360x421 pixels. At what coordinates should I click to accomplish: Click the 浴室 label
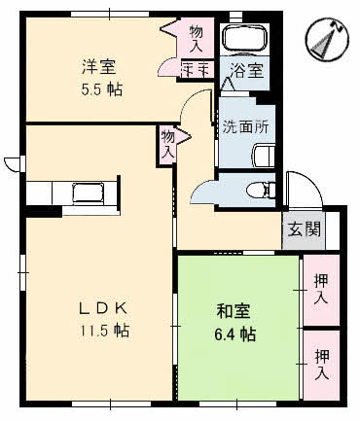pos(245,70)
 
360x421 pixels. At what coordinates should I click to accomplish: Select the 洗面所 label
pos(245,125)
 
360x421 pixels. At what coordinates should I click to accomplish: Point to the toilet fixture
pos(257,189)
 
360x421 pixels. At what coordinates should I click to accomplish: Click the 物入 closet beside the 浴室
pos(196,39)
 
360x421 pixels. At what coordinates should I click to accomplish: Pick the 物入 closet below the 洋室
pos(167,146)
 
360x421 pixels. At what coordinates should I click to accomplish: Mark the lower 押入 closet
pos(320,366)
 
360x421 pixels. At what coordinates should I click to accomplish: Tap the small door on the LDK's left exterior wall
pos(12,162)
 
